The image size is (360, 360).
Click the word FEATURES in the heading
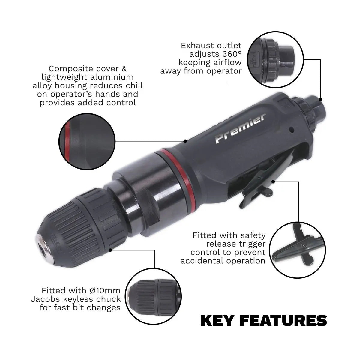point(284,320)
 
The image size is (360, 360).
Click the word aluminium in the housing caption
point(115,77)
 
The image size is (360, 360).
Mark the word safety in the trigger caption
point(252,235)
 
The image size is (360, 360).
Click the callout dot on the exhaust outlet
point(320,99)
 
